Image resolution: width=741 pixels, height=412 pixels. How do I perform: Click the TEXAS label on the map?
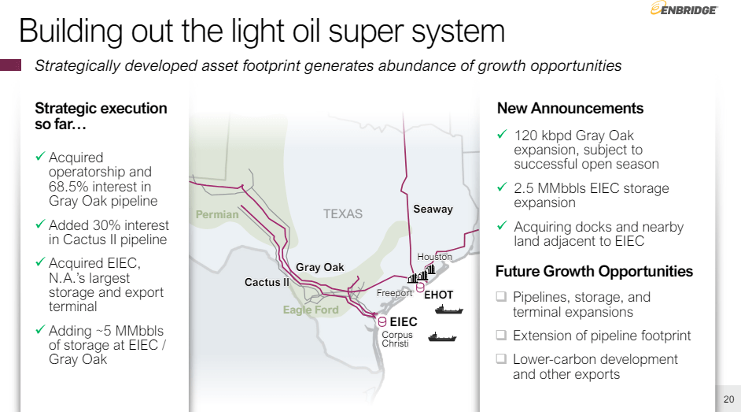coord(343,213)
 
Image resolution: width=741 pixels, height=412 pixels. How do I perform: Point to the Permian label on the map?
coord(217,214)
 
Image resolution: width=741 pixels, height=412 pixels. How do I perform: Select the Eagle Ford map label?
coord(311,310)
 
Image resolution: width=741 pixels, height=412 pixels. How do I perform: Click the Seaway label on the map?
coord(433,209)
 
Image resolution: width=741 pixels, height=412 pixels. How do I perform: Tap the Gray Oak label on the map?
coord(320,267)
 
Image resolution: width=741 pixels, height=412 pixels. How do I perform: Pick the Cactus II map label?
coord(267,282)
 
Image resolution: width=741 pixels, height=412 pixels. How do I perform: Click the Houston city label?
coord(434,257)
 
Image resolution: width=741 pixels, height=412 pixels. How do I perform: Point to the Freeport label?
coord(394,294)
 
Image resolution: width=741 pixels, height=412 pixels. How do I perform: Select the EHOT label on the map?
coord(438,295)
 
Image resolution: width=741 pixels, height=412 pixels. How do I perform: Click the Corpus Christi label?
coord(396,340)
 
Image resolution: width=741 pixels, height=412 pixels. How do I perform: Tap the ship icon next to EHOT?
coord(451,310)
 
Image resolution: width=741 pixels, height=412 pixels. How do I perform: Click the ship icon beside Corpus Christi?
coord(443,337)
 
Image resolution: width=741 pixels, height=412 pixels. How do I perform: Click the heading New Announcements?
coord(570,109)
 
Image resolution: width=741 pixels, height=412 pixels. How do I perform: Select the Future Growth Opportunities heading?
coord(594,272)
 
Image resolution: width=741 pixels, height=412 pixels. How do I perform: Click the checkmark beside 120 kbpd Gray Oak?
coord(502,135)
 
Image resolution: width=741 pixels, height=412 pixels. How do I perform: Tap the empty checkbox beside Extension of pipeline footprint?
coord(501,336)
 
